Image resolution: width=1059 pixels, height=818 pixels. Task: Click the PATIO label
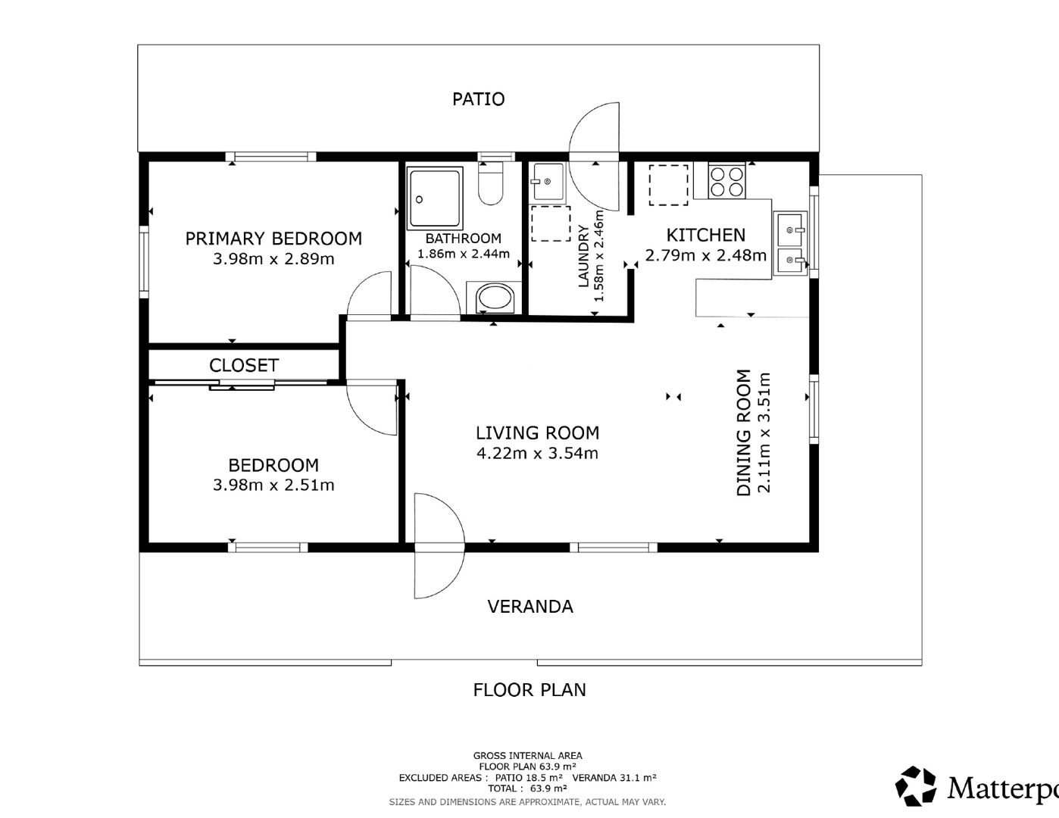478,99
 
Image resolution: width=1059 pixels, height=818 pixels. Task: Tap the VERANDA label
530,607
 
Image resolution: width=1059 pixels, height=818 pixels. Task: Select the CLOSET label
244,365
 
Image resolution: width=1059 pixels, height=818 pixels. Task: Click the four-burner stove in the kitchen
726,181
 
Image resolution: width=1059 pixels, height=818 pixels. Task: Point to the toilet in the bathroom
490,183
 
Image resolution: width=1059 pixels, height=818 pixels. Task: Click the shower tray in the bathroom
436,198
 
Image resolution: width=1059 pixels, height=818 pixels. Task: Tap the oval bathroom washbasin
495,298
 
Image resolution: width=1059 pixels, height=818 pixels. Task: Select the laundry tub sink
548,181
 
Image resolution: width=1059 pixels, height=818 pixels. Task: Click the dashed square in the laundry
551,223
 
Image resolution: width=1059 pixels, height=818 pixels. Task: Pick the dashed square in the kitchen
669,185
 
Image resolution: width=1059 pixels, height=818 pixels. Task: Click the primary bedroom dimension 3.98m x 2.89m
273,259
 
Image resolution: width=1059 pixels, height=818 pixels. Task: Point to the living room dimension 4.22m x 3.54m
537,454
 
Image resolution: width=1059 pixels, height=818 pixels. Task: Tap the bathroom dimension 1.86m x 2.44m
464,254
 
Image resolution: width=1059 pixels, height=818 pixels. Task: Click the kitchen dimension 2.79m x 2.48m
706,255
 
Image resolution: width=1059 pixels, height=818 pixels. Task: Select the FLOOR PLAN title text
529,690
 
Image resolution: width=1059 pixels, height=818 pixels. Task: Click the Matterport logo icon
916,786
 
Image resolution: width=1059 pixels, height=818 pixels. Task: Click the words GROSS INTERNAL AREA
528,756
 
